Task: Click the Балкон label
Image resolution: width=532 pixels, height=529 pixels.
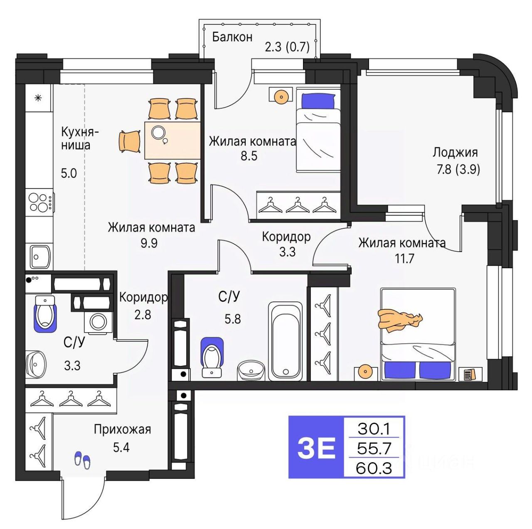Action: pos(232,37)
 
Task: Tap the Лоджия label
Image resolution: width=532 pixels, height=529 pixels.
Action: pos(455,152)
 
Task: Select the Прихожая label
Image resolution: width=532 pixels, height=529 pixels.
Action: pos(122,429)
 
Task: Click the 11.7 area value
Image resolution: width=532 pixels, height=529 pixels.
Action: pos(404,259)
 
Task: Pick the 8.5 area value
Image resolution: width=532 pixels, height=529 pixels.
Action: pos(249,156)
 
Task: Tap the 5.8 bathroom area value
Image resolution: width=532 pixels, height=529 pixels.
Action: pos(232,319)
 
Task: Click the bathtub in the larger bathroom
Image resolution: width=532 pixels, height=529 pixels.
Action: pos(285,341)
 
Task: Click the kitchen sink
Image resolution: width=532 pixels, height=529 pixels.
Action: pos(40,257)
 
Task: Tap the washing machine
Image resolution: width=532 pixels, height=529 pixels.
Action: pos(99,322)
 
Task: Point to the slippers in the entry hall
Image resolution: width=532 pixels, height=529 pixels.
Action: pos(82,460)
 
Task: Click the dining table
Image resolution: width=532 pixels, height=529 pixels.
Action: pos(172,140)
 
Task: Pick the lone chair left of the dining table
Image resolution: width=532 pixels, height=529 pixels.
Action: pos(129,141)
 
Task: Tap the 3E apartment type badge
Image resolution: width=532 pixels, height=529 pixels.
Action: pos(316,447)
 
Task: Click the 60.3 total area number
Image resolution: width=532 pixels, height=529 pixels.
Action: pos(374,468)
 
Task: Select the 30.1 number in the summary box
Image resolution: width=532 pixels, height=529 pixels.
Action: pos(374,428)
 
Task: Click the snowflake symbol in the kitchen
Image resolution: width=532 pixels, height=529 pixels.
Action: pos(38,98)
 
